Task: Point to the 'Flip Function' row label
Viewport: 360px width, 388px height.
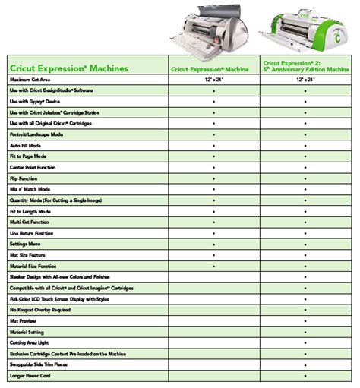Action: (26, 178)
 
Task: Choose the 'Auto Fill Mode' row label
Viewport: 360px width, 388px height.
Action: (27, 144)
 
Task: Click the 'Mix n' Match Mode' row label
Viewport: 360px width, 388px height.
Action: (31, 188)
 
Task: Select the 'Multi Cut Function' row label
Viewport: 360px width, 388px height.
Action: (30, 222)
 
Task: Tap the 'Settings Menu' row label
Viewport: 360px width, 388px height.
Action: (27, 244)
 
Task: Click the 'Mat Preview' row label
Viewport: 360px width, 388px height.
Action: (24, 321)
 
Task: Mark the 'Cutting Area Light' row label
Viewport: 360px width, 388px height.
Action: (30, 343)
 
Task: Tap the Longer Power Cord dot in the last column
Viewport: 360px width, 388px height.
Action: (305, 376)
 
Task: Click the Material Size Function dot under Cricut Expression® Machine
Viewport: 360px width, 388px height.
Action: (214, 266)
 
